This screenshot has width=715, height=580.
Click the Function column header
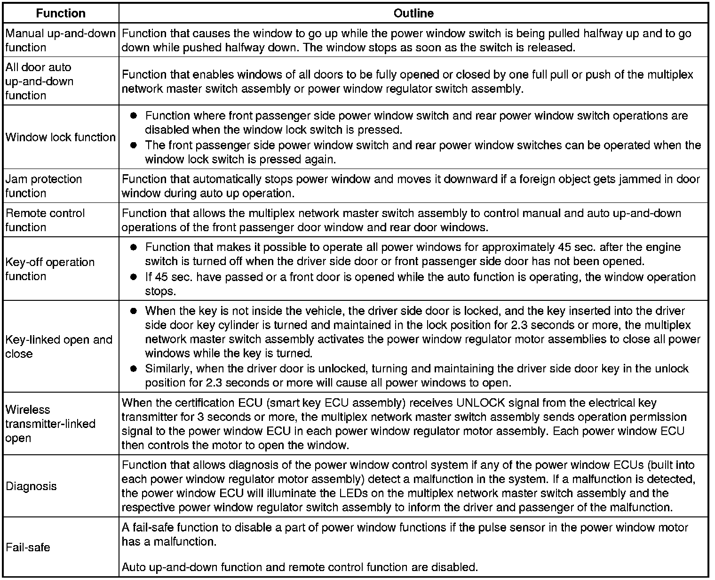tap(61, 13)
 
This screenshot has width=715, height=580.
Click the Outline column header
tap(413, 13)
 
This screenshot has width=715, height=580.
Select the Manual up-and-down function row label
tap(60, 40)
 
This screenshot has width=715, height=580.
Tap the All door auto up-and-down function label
tap(40, 81)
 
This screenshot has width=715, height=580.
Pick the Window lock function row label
tap(60, 137)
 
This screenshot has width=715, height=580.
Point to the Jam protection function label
tap(44, 186)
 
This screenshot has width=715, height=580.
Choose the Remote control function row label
tap(45, 220)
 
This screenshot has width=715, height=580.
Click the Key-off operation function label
tap(50, 269)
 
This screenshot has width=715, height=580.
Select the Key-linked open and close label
tap(59, 346)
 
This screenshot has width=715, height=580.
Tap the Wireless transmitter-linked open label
tap(50, 424)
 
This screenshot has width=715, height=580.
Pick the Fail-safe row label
tap(28, 548)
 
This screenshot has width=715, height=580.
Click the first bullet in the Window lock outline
tap(134, 116)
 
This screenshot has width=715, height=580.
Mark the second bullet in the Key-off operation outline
tap(134, 277)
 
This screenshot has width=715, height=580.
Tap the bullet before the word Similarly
tap(134, 369)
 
